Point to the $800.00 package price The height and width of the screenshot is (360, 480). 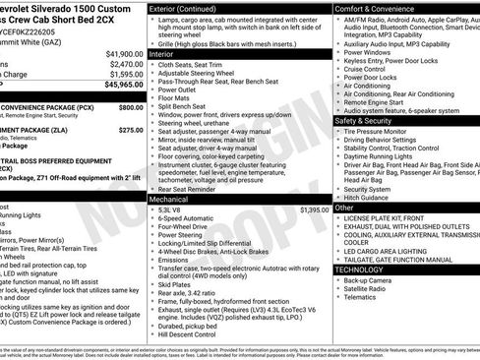pyautogui.click(x=130, y=106)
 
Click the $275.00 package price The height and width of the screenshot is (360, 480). pyautogui.click(x=130, y=129)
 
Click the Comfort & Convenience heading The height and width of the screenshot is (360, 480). pyautogui.click(x=377, y=7)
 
